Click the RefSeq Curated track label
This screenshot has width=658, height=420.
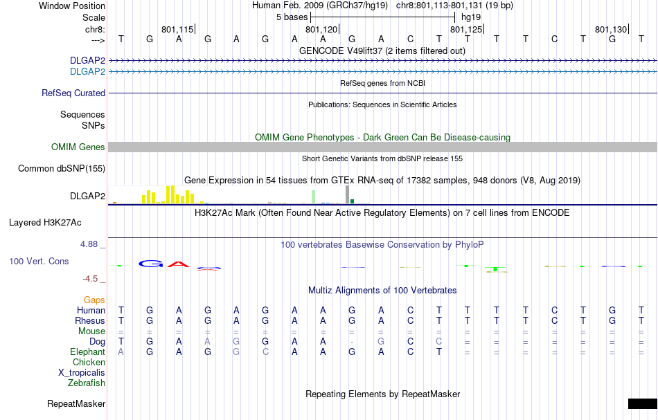pyautogui.click(x=73, y=93)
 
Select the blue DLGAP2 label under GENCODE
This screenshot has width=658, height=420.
pyautogui.click(x=87, y=71)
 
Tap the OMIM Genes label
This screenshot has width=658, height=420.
pyautogui.click(x=78, y=147)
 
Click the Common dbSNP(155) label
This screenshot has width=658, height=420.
pyautogui.click(x=62, y=168)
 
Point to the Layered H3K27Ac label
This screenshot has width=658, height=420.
pyautogui.click(x=45, y=222)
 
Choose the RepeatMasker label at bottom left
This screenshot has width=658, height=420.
pyautogui.click(x=76, y=403)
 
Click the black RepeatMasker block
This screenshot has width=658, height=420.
pyautogui.click(x=642, y=403)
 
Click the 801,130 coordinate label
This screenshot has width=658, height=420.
pyautogui.click(x=610, y=30)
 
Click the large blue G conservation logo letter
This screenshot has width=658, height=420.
pyautogui.click(x=150, y=264)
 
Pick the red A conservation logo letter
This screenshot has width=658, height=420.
pyautogui.click(x=179, y=264)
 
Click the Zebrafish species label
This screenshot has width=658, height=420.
pyautogui.click(x=87, y=383)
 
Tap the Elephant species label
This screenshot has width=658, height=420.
pyautogui.click(x=87, y=351)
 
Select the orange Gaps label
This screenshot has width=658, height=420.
pyautogui.click(x=94, y=300)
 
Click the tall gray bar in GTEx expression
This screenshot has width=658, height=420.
pyautogui.click(x=347, y=195)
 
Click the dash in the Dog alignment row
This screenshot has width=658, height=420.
pyautogui.click(x=353, y=342)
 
